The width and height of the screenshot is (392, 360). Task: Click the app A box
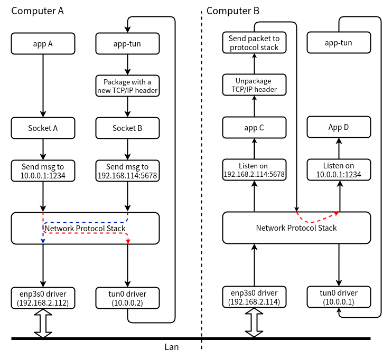pyautogui.click(x=43, y=44)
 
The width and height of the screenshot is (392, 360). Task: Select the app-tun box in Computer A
pyautogui.click(x=127, y=44)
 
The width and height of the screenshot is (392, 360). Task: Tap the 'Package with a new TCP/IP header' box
pyautogui.click(x=127, y=86)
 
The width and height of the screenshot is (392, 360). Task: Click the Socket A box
pyautogui.click(x=43, y=128)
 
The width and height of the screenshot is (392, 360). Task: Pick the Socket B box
pyautogui.click(x=127, y=128)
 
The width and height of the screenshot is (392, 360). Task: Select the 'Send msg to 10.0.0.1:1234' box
pyautogui.click(x=43, y=170)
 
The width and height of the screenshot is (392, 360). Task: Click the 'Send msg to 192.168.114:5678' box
pyautogui.click(x=127, y=170)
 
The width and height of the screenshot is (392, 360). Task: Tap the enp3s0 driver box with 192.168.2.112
pyautogui.click(x=43, y=298)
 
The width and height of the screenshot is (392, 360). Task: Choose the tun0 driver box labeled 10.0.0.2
pyautogui.click(x=127, y=298)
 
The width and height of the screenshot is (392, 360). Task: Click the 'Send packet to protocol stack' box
pyautogui.click(x=254, y=43)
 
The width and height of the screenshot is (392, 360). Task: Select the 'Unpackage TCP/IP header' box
pyautogui.click(x=254, y=85)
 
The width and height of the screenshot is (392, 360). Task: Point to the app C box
pyautogui.click(x=254, y=128)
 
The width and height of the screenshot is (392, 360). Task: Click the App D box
pyautogui.click(x=339, y=128)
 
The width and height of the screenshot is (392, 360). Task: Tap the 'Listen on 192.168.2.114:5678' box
pyautogui.click(x=254, y=170)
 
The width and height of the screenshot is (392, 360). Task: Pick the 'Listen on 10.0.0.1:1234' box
pyautogui.click(x=339, y=170)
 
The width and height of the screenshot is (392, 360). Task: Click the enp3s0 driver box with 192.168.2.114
pyautogui.click(x=254, y=298)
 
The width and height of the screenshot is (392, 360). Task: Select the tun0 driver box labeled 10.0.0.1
pyautogui.click(x=339, y=298)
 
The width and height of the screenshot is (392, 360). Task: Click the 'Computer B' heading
pyautogui.click(x=233, y=11)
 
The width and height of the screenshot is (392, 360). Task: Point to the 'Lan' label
pyautogui.click(x=172, y=347)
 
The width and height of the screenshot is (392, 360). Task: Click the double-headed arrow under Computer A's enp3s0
pyautogui.click(x=43, y=324)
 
